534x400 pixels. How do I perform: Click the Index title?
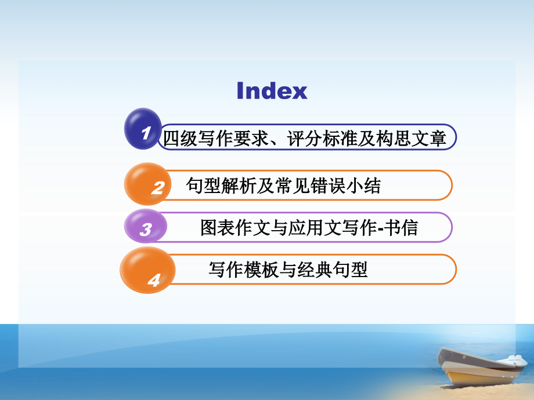[272, 90]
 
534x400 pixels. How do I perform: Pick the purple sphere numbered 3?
[145, 227]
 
